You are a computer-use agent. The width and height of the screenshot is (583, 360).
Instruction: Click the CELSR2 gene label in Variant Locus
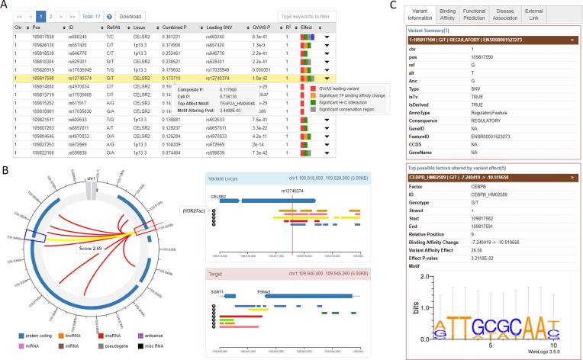coord(219,194)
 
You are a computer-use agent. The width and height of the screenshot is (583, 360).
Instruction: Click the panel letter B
coord(5,169)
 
